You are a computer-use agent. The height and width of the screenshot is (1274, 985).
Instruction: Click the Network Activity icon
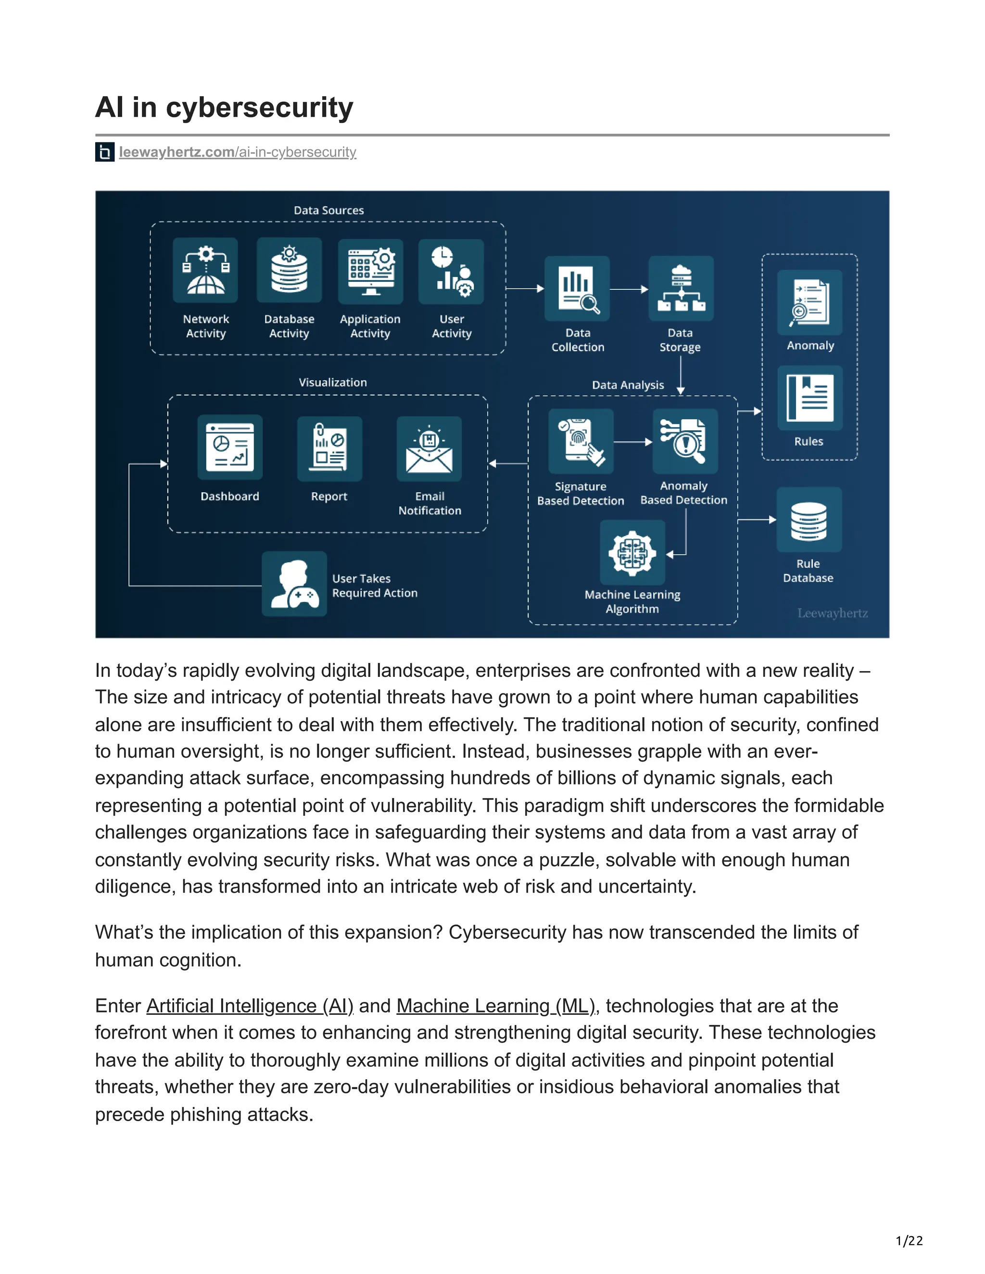click(x=205, y=270)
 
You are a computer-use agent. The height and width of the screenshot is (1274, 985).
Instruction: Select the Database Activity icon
click(x=289, y=270)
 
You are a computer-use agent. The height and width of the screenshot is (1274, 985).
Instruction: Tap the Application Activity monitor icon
click(x=370, y=271)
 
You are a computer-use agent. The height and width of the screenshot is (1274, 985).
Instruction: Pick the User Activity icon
click(x=451, y=271)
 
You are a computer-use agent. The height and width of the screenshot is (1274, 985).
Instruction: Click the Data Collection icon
click(x=577, y=288)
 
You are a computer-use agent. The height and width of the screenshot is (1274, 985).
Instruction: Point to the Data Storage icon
click(x=681, y=288)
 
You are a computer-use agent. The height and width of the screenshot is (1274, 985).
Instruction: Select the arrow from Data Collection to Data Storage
click(x=629, y=289)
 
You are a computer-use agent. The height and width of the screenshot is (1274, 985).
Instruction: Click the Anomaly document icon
click(x=810, y=302)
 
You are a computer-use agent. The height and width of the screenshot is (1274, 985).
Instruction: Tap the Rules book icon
click(x=810, y=399)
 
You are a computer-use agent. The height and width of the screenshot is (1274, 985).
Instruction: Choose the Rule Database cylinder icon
click(x=809, y=520)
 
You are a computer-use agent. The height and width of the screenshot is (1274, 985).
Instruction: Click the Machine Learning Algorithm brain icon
click(x=632, y=552)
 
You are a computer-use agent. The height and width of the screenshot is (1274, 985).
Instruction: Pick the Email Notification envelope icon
click(x=429, y=449)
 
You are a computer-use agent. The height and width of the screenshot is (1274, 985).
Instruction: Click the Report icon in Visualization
click(x=329, y=449)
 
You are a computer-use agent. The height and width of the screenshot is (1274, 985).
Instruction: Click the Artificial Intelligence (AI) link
click(x=250, y=1006)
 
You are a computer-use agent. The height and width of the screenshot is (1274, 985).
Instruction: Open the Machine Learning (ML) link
click(x=496, y=1006)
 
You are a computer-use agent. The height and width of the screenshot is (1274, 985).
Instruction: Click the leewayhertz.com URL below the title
click(x=237, y=152)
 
